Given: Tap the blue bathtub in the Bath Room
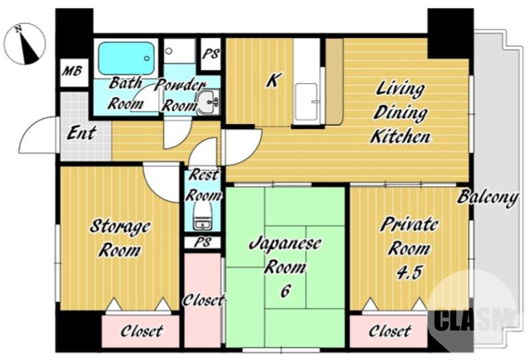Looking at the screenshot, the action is pos(126,58).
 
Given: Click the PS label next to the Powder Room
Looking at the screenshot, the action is pos(211,53).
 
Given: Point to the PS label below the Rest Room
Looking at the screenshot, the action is pos(203,242).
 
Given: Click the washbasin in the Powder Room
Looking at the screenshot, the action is pos(209,101).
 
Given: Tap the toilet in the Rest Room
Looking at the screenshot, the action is pos(202,216).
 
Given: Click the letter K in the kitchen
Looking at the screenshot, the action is pos(273,80).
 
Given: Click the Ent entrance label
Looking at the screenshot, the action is pos(82,132).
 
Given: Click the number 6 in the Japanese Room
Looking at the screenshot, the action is pos(285,291).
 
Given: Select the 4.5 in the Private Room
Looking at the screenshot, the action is pos(409,272).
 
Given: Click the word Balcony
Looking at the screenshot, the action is pos(488,197).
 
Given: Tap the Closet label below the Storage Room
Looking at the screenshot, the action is pos(142,331).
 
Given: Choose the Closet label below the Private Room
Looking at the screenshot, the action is pos(390,331).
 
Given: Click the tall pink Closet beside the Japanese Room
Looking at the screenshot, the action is pos(202,300).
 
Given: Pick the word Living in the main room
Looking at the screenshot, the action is pos(400,89).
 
